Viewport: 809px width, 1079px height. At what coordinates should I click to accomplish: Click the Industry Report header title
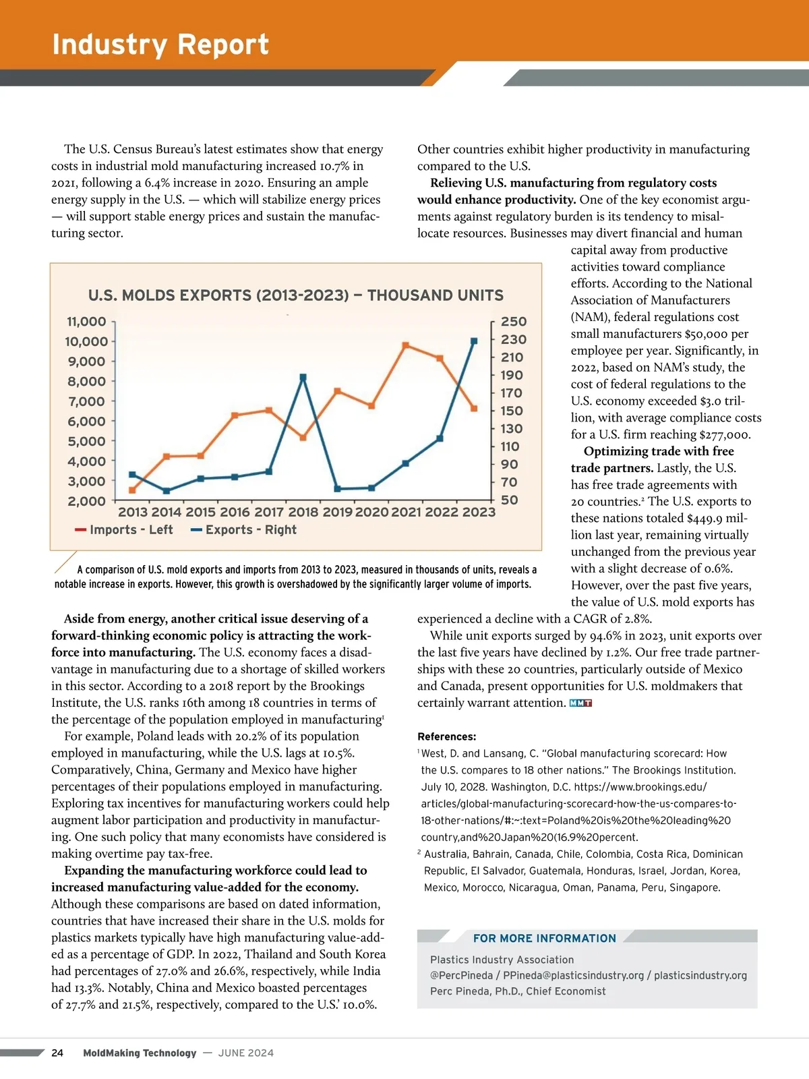click(x=160, y=45)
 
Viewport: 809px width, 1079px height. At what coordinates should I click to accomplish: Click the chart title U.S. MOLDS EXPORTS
click(x=296, y=295)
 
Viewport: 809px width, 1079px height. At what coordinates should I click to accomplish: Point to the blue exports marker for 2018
click(x=303, y=378)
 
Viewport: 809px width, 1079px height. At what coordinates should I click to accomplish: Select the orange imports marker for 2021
click(x=406, y=345)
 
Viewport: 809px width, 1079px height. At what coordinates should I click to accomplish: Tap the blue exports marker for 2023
click(x=474, y=341)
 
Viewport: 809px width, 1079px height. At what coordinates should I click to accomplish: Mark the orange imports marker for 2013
click(x=132, y=490)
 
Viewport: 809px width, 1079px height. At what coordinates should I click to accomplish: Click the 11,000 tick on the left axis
click(x=86, y=322)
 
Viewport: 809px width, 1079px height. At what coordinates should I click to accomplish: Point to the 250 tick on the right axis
click(x=514, y=322)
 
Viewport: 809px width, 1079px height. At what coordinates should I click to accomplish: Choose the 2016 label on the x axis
click(x=235, y=512)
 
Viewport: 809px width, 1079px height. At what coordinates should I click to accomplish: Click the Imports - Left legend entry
click(x=124, y=530)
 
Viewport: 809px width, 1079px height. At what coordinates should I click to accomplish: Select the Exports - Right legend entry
click(x=243, y=530)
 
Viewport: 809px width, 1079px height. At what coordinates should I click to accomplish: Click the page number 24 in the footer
click(x=57, y=1053)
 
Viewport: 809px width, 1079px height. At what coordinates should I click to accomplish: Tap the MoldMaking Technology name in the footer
click(x=140, y=1053)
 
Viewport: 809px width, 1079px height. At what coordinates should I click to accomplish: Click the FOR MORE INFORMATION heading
click(x=544, y=938)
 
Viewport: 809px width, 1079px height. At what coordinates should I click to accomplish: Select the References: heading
click(x=446, y=736)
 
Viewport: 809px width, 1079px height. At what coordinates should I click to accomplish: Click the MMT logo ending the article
click(x=580, y=703)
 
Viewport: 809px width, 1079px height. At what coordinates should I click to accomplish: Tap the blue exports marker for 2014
click(x=167, y=490)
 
